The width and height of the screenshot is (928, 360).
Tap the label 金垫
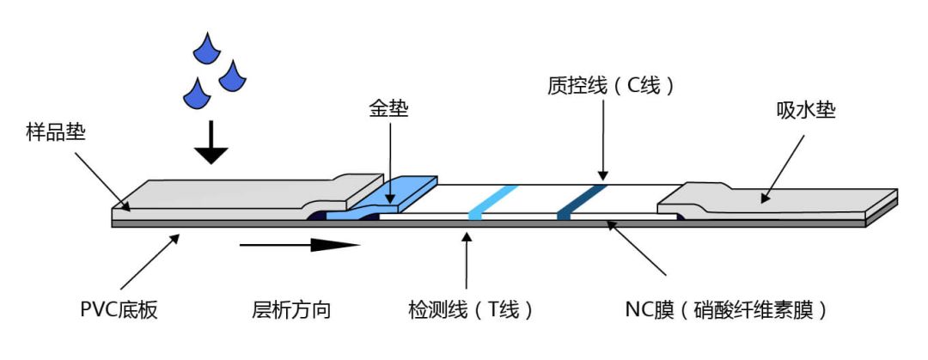point(388,109)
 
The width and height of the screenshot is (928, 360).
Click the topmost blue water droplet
point(206,49)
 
